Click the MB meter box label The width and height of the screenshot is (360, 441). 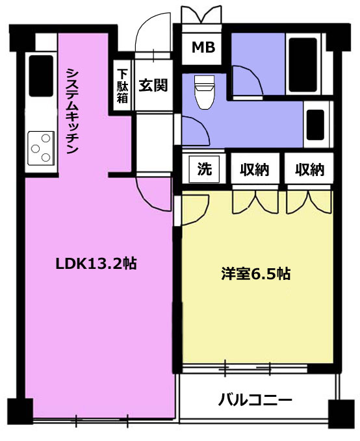(x=203, y=47)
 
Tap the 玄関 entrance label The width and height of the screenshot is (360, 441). (x=153, y=85)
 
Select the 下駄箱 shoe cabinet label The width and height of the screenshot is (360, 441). (x=122, y=86)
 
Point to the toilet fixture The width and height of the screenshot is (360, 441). (x=204, y=92)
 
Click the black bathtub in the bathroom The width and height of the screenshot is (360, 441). (x=303, y=65)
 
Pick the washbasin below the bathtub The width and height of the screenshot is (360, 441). (x=315, y=124)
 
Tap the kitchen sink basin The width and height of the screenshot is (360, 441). (x=41, y=75)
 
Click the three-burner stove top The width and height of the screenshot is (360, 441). (x=41, y=148)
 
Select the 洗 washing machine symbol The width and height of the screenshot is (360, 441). (x=204, y=170)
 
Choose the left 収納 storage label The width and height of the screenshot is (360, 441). (x=255, y=170)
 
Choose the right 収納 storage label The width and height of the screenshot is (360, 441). (x=309, y=170)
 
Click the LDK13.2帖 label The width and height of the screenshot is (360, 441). (x=96, y=264)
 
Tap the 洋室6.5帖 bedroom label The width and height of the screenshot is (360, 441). (x=256, y=273)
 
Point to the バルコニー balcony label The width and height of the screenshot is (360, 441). (x=255, y=399)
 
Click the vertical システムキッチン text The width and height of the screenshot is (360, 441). (x=72, y=111)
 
